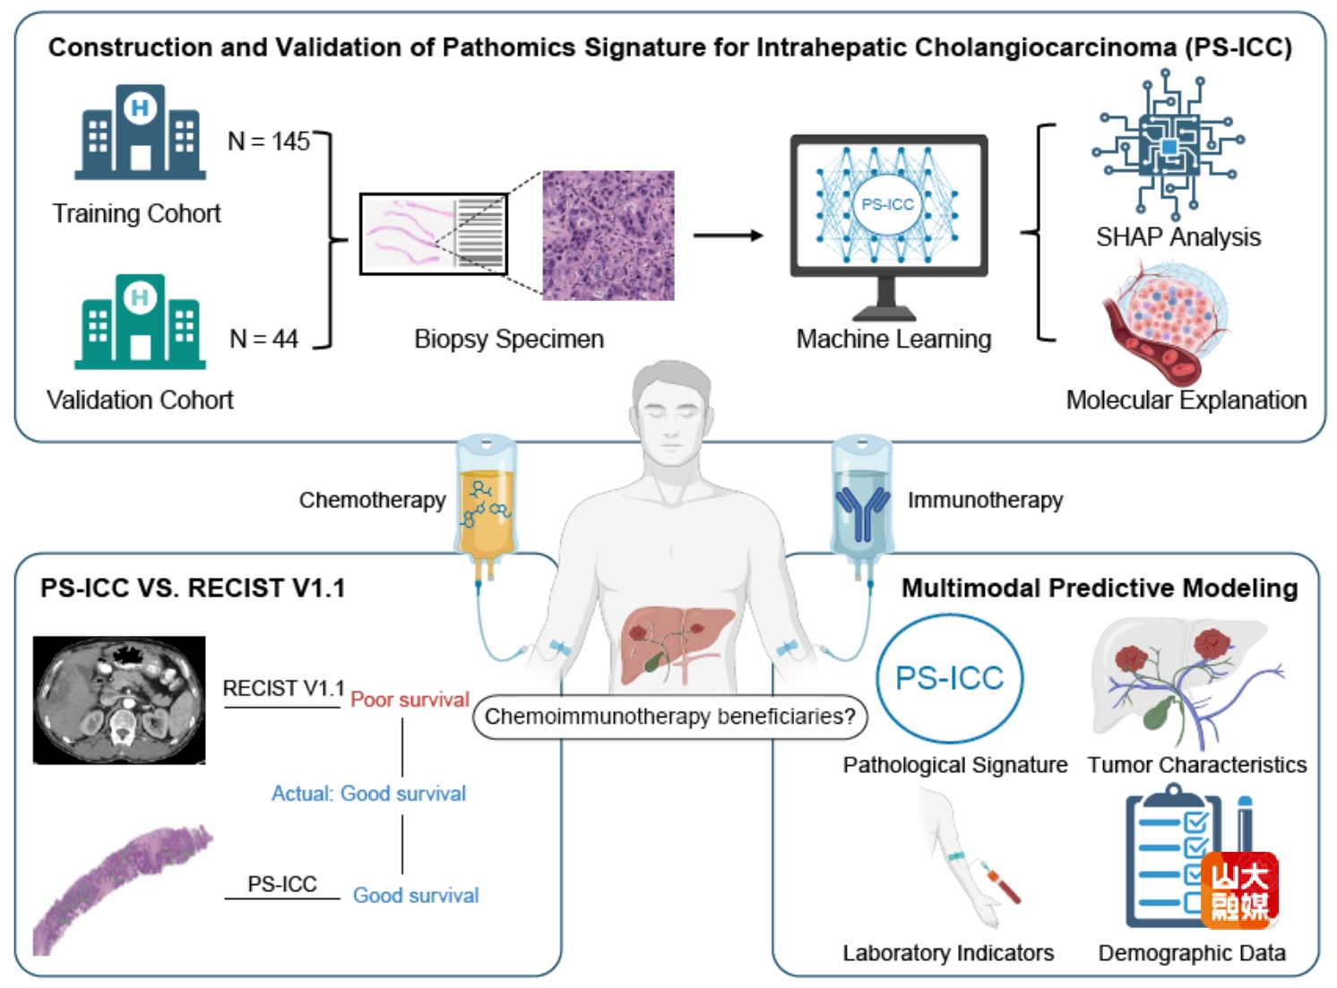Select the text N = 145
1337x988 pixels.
point(268,142)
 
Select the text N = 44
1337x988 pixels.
point(263,339)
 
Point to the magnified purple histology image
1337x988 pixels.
point(608,236)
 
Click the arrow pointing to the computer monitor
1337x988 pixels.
point(728,236)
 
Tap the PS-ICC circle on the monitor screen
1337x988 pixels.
point(887,204)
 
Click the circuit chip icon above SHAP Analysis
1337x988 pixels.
point(1168,148)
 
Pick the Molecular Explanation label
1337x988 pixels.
point(1186,399)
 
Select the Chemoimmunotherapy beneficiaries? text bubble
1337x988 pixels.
point(669,717)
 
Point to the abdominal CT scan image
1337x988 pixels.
point(119,700)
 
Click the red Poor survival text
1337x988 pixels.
point(410,700)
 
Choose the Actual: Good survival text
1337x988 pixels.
point(368,794)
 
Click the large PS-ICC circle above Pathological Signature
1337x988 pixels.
point(950,678)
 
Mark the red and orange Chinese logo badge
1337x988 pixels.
point(1239,890)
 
